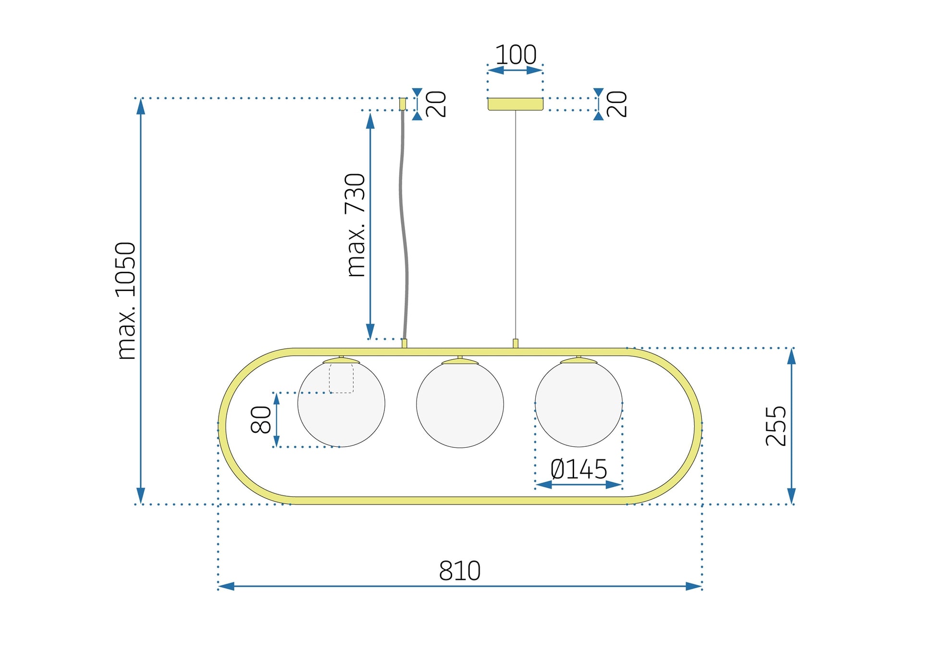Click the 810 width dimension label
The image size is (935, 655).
point(459,570)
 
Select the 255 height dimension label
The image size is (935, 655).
point(776,426)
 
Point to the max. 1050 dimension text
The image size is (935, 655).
point(126,301)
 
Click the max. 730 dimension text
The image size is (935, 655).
point(356,225)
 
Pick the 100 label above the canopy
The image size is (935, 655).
point(515,55)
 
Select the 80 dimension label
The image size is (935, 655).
point(261,419)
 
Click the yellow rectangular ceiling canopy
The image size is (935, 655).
point(515,104)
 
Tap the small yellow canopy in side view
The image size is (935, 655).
point(403,104)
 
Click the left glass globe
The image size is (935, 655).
point(341,414)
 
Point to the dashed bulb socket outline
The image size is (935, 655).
point(341,378)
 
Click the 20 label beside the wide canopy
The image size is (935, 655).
point(617,104)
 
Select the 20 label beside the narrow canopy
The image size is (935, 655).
point(436,104)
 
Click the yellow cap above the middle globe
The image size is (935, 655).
point(460,361)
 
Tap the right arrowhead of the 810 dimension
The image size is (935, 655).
point(694,586)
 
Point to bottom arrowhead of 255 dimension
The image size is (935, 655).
point(791,497)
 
